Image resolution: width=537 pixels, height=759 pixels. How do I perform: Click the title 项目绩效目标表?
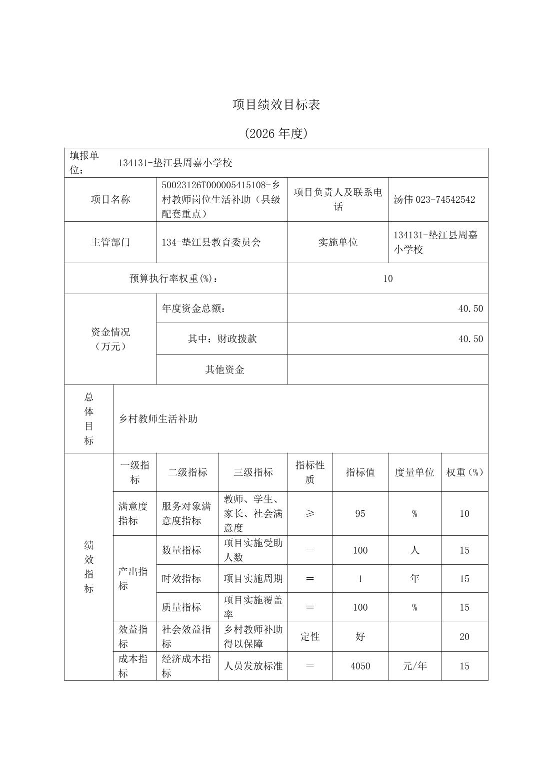276,105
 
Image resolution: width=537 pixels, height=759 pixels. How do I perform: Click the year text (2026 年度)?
276,133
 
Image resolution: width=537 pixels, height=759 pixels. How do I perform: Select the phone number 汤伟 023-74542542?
434,200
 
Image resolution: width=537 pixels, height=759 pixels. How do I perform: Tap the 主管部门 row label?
110,242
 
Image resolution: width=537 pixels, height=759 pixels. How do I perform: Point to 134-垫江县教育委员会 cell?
211,242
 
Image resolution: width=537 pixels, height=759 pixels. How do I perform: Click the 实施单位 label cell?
338,242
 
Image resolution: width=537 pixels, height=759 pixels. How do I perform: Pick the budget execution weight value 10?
387,279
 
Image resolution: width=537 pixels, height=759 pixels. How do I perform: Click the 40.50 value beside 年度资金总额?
470,309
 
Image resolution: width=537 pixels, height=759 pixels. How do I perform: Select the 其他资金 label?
224,370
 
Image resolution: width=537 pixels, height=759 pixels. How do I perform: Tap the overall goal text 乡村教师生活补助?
158,419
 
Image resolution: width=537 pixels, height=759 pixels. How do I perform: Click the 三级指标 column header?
253,472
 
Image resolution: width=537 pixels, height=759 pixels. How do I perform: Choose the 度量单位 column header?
414,472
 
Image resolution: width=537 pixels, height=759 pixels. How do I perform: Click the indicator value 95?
360,513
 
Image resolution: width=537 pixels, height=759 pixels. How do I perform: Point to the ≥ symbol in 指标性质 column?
310,513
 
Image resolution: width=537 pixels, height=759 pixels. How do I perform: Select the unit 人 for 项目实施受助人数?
414,550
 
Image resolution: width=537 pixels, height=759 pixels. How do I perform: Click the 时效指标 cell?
181,579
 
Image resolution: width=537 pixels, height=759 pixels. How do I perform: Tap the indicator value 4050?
360,666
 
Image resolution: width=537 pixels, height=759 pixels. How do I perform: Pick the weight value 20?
464,637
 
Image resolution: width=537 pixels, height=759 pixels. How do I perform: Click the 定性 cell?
310,637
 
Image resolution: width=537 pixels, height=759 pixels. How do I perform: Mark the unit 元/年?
414,666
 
